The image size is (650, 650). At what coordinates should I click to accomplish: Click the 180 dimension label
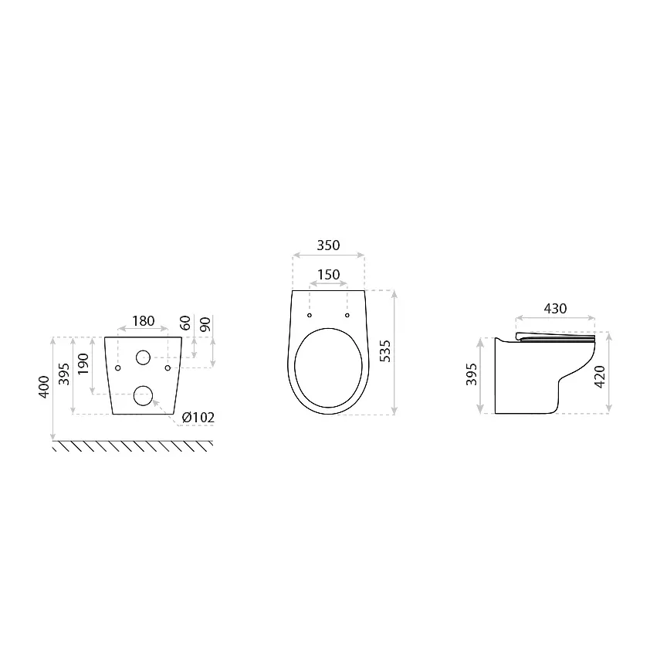pyautogui.click(x=143, y=321)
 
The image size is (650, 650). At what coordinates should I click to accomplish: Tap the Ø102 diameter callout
pyautogui.click(x=198, y=417)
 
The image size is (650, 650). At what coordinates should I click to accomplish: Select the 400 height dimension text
pyautogui.click(x=44, y=388)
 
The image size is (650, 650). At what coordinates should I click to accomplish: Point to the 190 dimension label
pyautogui.click(x=83, y=364)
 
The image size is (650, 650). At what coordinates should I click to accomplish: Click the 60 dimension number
pyautogui.click(x=185, y=323)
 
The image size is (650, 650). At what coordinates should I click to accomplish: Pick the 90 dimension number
pyautogui.click(x=205, y=323)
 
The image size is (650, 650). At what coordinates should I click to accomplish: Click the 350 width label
pyautogui.click(x=328, y=245)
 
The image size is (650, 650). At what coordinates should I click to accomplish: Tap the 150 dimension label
pyautogui.click(x=329, y=274)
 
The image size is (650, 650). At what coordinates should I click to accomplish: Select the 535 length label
pyautogui.click(x=385, y=351)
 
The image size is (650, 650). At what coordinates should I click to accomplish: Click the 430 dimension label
pyautogui.click(x=555, y=309)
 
